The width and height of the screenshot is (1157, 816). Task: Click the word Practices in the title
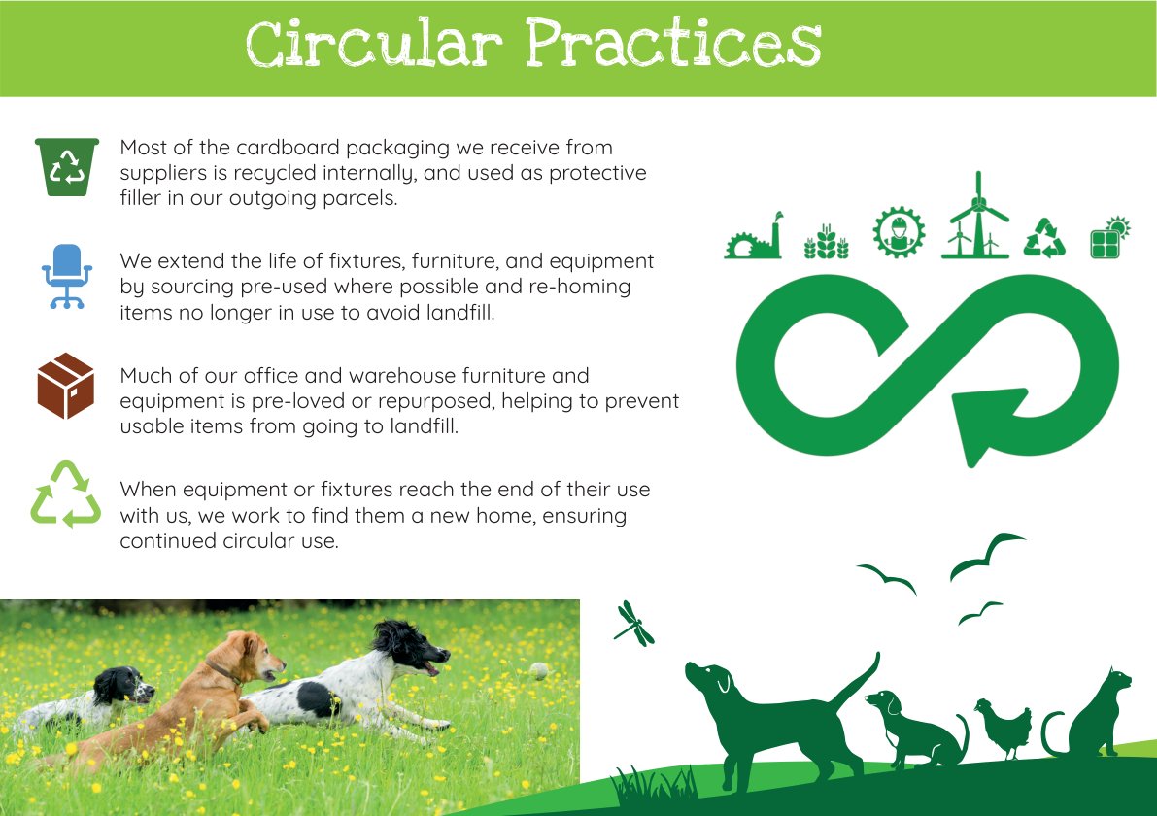click(673, 43)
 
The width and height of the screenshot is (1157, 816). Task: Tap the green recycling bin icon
click(66, 167)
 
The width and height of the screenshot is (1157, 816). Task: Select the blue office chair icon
click(66, 276)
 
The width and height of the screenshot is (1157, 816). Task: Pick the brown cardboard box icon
click(66, 385)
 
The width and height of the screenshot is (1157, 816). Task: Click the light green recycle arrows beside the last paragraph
click(66, 495)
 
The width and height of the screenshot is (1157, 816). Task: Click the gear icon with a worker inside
click(899, 232)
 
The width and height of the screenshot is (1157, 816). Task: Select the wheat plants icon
click(827, 242)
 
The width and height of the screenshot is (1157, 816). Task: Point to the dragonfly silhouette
click(633, 625)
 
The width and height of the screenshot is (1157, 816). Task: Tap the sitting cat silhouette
click(1091, 714)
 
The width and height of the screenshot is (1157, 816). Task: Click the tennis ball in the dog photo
click(539, 671)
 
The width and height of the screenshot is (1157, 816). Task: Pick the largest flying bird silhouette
click(986, 556)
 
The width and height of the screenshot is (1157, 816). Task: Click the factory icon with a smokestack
click(754, 236)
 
